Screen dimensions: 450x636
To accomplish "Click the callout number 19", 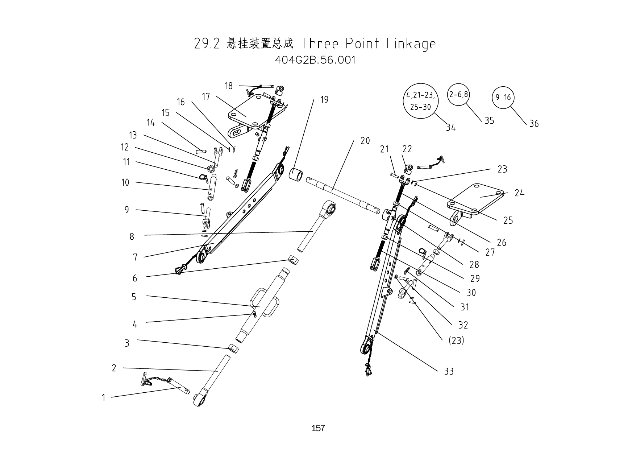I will click(324, 100).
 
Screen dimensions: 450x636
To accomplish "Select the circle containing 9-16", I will click(503, 98).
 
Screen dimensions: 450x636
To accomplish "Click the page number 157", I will click(318, 428).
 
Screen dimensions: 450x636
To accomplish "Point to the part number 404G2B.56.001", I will click(315, 60).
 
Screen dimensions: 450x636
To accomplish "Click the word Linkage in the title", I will click(411, 44).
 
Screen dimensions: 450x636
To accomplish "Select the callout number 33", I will click(449, 371).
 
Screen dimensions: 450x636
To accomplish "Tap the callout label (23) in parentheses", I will click(456, 340).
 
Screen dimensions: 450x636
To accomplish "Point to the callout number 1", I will click(103, 398).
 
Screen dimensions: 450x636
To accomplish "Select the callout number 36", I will click(534, 124).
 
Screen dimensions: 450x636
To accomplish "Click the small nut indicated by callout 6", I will click(293, 260).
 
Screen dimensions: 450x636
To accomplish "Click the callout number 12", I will click(125, 147).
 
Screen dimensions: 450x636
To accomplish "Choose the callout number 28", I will click(474, 265).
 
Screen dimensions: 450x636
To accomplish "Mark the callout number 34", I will click(450, 128).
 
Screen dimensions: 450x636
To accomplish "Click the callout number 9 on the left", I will click(126, 210).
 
